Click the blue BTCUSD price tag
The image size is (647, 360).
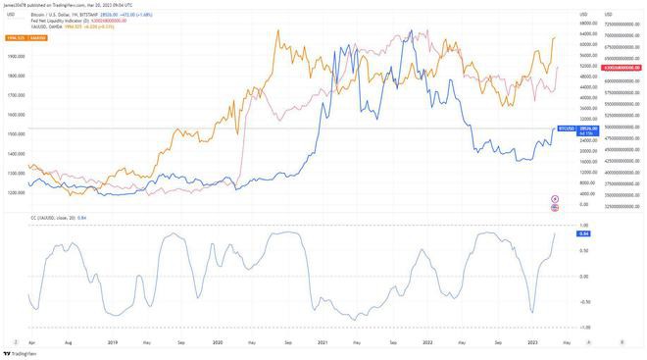point(565,129)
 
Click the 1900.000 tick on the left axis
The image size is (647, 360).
point(15,56)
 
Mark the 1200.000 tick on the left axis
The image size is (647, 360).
point(15,193)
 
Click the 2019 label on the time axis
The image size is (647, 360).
point(113,341)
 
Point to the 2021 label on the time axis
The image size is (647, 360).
point(323,341)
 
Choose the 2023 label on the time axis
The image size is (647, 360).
point(532,341)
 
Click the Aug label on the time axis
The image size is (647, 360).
point(68,341)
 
